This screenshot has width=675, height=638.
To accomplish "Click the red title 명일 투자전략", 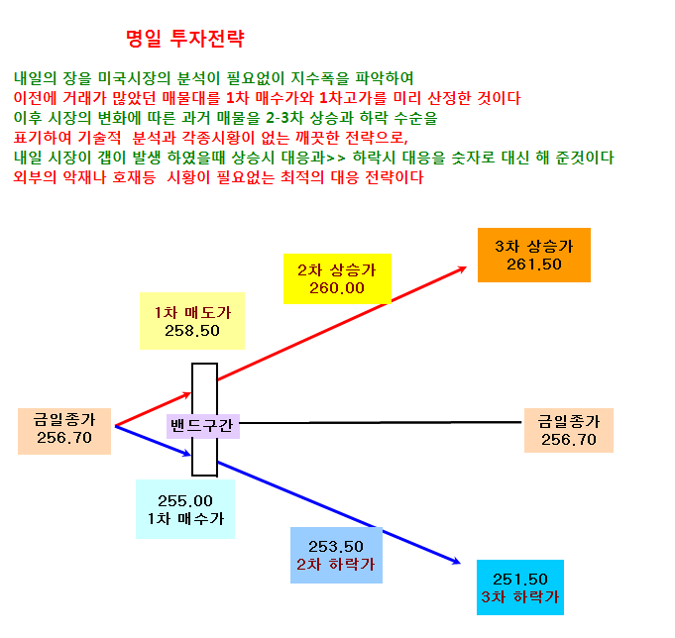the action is point(185,39).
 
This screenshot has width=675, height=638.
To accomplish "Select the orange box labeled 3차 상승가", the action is point(534,256).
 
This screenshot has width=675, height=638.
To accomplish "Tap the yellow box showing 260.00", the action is point(337,278).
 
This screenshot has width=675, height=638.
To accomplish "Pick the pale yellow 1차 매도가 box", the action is point(192,321).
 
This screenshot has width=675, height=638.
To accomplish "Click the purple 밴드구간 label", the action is point(203,426).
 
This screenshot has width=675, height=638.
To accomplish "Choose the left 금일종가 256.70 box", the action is point(64,431).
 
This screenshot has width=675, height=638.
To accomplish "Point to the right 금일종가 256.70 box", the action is point(569,430).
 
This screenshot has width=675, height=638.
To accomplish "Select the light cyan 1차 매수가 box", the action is point(185,509).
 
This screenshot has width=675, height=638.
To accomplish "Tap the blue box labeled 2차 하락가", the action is point(336,555).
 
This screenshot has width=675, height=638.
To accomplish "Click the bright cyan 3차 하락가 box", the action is point(520,587).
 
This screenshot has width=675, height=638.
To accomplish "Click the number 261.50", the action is point(534,265).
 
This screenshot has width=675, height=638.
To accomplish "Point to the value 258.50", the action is point(192,331).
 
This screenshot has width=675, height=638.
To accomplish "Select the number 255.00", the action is point(185,500).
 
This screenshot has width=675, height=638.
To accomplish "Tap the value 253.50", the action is point(336,547).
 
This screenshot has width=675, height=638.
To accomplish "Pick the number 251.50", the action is point(520,580).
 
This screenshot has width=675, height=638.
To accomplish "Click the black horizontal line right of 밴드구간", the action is point(380,422).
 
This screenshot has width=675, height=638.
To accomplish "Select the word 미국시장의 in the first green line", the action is point(135,78).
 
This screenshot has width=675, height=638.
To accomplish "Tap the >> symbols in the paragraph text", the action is point(336,158).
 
